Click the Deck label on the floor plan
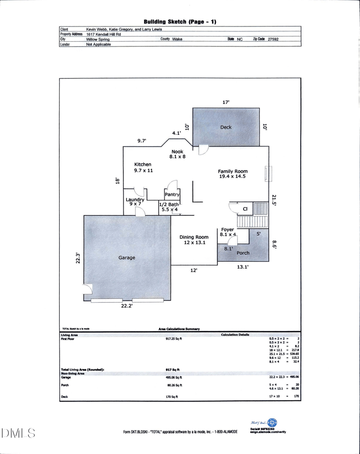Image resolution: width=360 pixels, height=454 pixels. pyautogui.click(x=226, y=127)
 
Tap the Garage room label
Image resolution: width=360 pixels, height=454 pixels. pyautogui.click(x=127, y=258)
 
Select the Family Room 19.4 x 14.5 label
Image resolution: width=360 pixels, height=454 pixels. pyautogui.click(x=233, y=174)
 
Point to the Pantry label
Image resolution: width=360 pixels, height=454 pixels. pyautogui.click(x=172, y=195)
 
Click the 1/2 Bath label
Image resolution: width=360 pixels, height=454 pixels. pyautogui.click(x=170, y=207)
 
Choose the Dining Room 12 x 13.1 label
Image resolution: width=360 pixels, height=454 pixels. pyautogui.click(x=194, y=240)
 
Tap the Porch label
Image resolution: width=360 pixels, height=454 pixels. pyautogui.click(x=243, y=253)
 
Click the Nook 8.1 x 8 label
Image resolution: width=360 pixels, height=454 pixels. pyautogui.click(x=177, y=154)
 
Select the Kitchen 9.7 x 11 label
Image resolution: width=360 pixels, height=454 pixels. pyautogui.click(x=143, y=167)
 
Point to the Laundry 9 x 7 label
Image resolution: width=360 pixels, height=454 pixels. pyautogui.click(x=135, y=202)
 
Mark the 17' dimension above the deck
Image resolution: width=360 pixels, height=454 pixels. pyautogui.click(x=226, y=103)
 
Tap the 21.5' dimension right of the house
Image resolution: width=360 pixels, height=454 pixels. pyautogui.click(x=274, y=200)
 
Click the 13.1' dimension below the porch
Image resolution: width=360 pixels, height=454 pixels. pyautogui.click(x=243, y=267)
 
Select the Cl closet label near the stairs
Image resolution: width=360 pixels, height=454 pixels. pyautogui.click(x=245, y=209)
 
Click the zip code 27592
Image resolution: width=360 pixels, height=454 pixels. pyautogui.click(x=273, y=40)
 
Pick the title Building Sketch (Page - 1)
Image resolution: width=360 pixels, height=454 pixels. pyautogui.click(x=180, y=22)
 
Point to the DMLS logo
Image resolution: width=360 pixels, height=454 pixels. pyautogui.click(x=18, y=433)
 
